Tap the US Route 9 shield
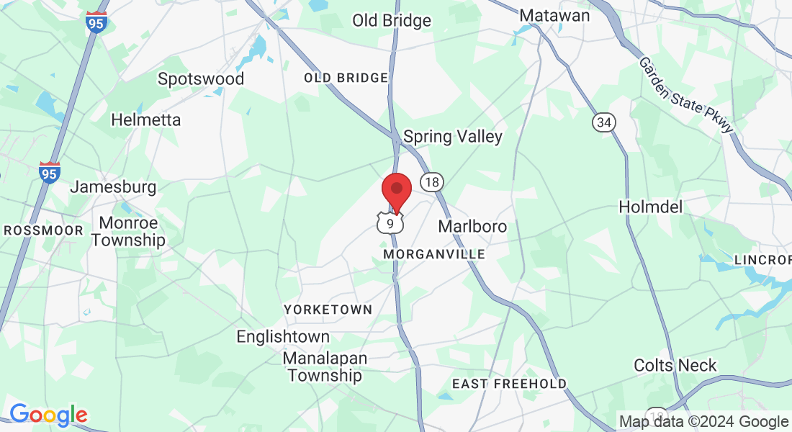tap(390, 223)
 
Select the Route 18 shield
tap(431, 181)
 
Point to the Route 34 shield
tap(604, 122)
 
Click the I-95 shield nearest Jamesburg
tap(49, 172)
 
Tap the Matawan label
tap(554, 15)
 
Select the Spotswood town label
tap(201, 78)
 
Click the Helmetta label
tap(146, 120)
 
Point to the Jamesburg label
tap(113, 187)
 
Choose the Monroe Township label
tap(128, 231)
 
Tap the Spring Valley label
tap(453, 136)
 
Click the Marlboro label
tap(472, 227)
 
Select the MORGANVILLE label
tap(434, 255)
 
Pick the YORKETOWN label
tap(328, 310)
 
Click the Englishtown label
tap(283, 336)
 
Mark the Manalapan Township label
tap(325, 366)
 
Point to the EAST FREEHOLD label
tap(509, 384)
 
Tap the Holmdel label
tap(650, 207)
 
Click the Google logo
tap(48, 415)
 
